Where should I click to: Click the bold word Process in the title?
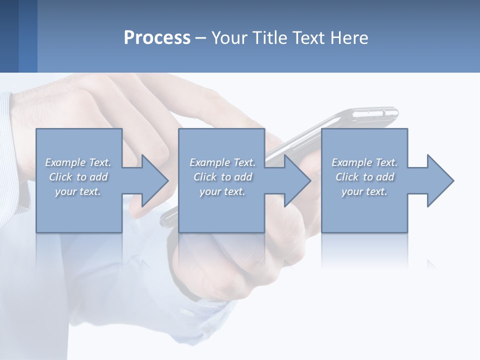point(157,38)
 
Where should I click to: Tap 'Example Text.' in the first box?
point(78,162)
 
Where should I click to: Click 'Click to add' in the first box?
point(78,177)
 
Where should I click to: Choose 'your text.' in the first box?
point(78,191)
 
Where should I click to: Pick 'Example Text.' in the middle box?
point(222,162)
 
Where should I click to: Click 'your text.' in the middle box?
point(222,191)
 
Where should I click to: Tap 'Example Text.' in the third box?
point(364,162)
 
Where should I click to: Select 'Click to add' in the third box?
point(364,177)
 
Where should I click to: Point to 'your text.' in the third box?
point(364,191)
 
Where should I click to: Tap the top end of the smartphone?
point(380,113)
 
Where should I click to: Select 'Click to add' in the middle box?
point(222,177)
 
